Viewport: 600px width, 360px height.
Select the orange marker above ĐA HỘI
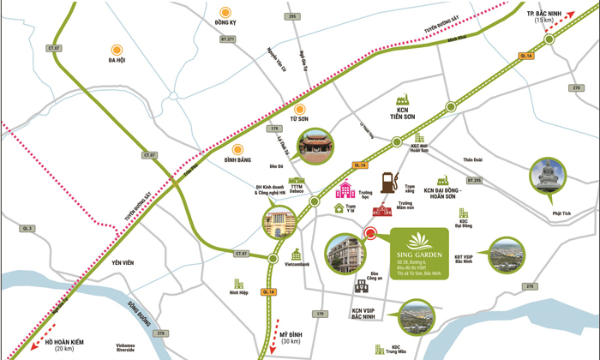point(116,50)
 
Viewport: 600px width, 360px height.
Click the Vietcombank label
point(295,264)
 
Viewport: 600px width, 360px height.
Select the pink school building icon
point(344,189)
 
